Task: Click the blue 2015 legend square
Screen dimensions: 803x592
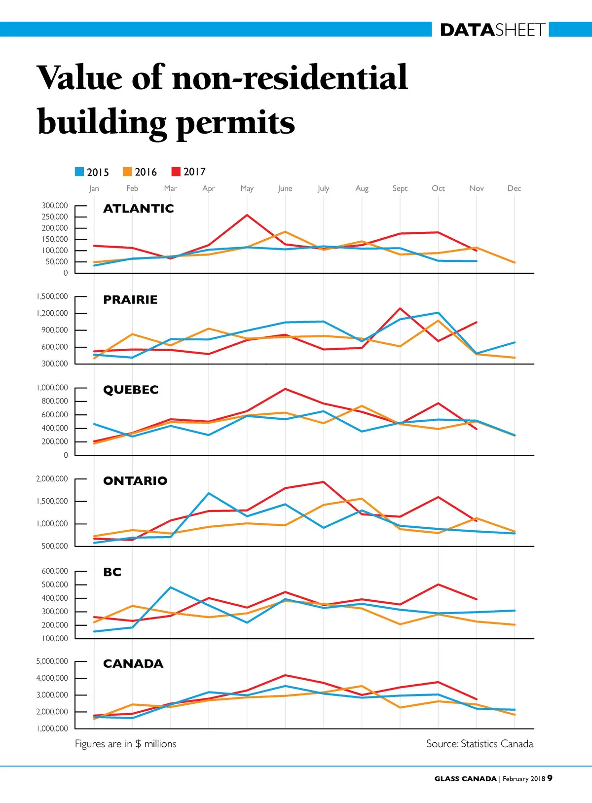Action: point(79,172)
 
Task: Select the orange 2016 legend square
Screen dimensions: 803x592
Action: point(127,172)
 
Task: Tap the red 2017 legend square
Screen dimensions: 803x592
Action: point(176,172)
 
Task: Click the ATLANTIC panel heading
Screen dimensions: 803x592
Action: point(138,209)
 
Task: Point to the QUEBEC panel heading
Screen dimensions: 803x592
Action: point(131,390)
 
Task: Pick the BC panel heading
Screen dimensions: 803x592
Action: point(112,572)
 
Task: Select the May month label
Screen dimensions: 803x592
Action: point(247,188)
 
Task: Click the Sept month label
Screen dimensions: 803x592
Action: point(400,188)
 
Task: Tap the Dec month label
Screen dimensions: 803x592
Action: point(514,188)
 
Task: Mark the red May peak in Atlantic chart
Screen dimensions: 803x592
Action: point(247,215)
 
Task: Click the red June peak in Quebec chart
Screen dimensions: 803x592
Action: point(285,389)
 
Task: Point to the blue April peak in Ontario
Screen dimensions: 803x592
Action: point(209,493)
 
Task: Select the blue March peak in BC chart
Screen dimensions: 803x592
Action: point(171,587)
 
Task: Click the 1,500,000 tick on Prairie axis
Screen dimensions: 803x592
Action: point(52,296)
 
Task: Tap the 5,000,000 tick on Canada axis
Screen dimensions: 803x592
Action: point(52,661)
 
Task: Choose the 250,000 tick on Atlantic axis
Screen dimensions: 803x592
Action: point(55,217)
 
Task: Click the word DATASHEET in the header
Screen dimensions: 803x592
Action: point(492,30)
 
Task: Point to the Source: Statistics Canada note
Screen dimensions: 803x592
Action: point(480,744)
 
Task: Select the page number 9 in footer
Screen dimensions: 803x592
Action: point(550,778)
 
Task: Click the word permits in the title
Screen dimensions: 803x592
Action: point(235,122)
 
